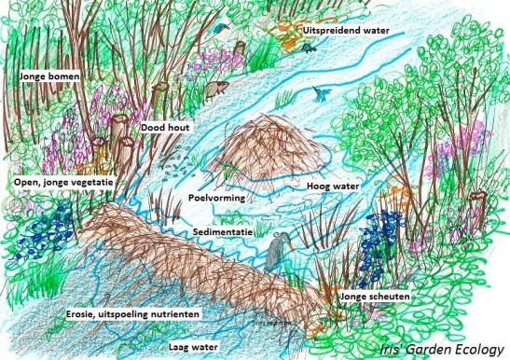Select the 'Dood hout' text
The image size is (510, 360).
[x=166, y=127]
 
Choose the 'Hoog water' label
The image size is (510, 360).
[x=329, y=187]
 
